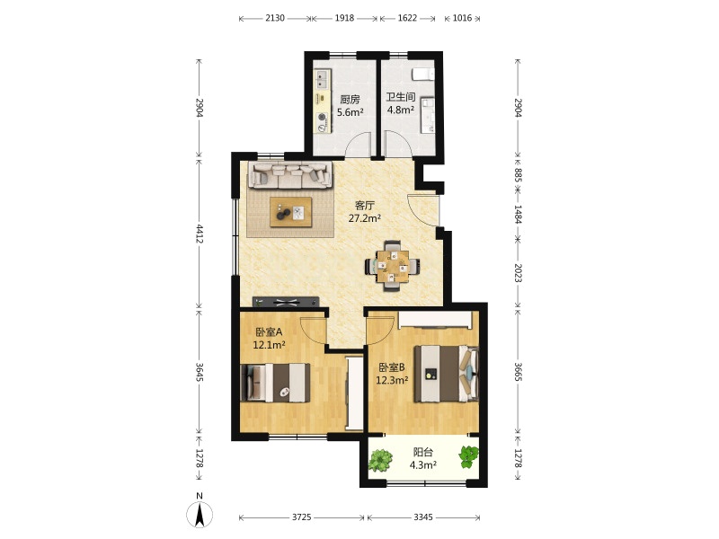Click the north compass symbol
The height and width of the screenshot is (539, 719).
pyautogui.click(x=200, y=513)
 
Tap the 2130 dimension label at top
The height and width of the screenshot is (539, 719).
pyautogui.click(x=275, y=18)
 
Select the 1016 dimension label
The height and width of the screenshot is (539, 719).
pyautogui.click(x=462, y=18)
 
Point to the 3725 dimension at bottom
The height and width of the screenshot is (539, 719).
pyautogui.click(x=302, y=517)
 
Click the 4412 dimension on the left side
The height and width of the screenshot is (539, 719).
pyautogui.click(x=199, y=234)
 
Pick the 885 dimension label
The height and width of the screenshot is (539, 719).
pyautogui.click(x=518, y=175)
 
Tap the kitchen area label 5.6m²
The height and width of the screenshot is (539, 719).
pyautogui.click(x=351, y=112)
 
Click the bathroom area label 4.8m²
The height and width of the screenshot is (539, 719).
pyautogui.click(x=401, y=110)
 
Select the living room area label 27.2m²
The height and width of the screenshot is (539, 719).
pyautogui.click(x=365, y=218)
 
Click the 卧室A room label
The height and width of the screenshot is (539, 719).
pyautogui.click(x=269, y=331)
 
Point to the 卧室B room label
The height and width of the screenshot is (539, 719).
pyautogui.click(x=392, y=367)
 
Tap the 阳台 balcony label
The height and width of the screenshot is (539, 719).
pyautogui.click(x=422, y=452)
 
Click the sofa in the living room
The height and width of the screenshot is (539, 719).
pyautogui.click(x=290, y=174)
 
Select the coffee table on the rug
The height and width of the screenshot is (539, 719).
pyautogui.click(x=290, y=212)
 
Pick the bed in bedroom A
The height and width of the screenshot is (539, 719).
pyautogui.click(x=275, y=383)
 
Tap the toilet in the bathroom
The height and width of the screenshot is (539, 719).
pyautogui.click(x=423, y=74)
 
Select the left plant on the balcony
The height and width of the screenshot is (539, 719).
pyautogui.click(x=380, y=460)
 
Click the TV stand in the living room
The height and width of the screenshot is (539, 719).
pyautogui.click(x=286, y=302)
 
